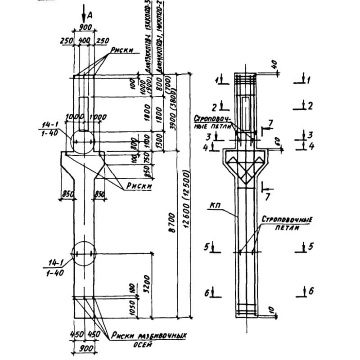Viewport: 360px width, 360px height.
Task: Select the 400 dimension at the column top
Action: (84, 40)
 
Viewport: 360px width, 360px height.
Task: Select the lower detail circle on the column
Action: (83, 254)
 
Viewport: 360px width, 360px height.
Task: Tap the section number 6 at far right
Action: (310, 292)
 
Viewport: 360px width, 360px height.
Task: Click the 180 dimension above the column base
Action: (131, 288)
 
